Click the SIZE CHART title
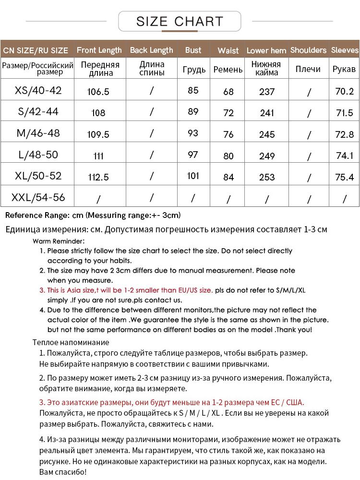tap(180, 22)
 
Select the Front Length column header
tap(99, 50)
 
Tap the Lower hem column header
tap(266, 50)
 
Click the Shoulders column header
tap(308, 50)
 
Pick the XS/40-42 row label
tap(38, 90)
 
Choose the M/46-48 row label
tap(38, 133)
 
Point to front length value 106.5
tap(98, 91)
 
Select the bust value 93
tap(193, 133)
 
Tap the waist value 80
tap(228, 156)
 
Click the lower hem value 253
tap(267, 177)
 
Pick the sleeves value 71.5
tap(345, 113)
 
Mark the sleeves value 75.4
tap(344, 177)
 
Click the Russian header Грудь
tap(194, 70)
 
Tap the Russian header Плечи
tap(308, 69)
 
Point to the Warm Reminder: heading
tap(59, 241)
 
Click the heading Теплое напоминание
tap(71, 342)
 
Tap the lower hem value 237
tap(267, 91)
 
